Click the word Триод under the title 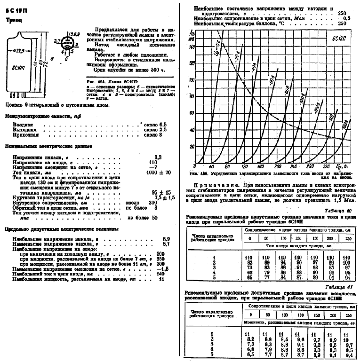pos(13,20)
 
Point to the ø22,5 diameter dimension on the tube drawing pos(20,50)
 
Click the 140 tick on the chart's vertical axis pos(191,47)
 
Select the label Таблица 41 pos(343,287)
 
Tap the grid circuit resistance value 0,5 pos(347,18)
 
